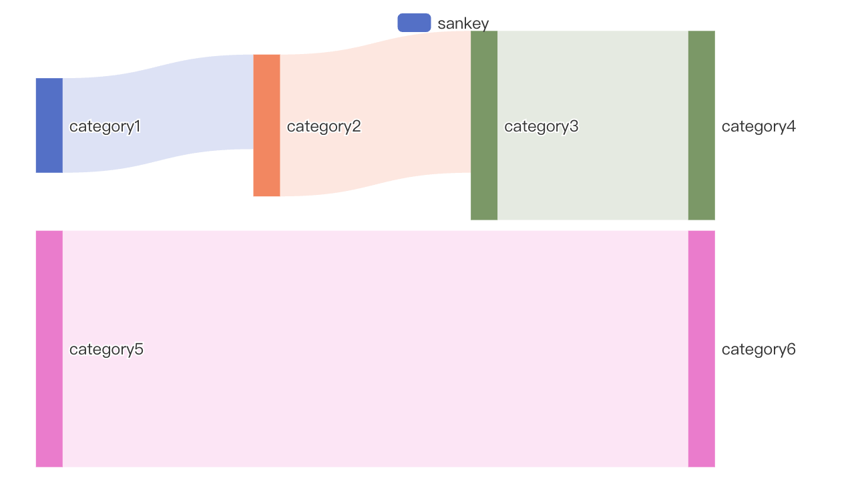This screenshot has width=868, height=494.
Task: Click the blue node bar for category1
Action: tap(49, 126)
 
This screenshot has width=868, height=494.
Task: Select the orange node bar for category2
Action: tap(266, 126)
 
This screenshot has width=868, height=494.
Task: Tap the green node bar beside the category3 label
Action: tap(484, 126)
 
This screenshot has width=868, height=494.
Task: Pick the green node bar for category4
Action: tap(701, 126)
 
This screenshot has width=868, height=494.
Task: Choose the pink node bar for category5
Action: tap(49, 348)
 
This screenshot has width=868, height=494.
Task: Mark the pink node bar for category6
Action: tap(701, 348)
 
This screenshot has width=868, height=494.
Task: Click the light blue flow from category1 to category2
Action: tap(158, 113)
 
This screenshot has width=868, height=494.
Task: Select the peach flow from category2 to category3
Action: tap(375, 113)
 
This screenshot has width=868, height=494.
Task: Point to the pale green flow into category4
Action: tap(593, 126)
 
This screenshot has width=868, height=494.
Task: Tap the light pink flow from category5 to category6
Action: tap(375, 348)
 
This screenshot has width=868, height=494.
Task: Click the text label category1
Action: tap(105, 127)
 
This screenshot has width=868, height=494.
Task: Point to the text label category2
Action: tap(324, 127)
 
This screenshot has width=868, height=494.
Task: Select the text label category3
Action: tap(541, 127)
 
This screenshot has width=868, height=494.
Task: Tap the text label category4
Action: tap(758, 127)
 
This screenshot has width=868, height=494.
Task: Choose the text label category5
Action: tap(106, 350)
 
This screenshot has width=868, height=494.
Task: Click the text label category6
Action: tap(758, 350)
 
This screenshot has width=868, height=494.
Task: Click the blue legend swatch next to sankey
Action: tap(414, 23)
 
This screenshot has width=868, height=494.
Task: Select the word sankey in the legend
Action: tap(463, 23)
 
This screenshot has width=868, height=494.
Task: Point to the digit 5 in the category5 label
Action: tap(138, 349)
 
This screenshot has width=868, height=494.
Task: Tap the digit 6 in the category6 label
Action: tap(791, 349)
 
